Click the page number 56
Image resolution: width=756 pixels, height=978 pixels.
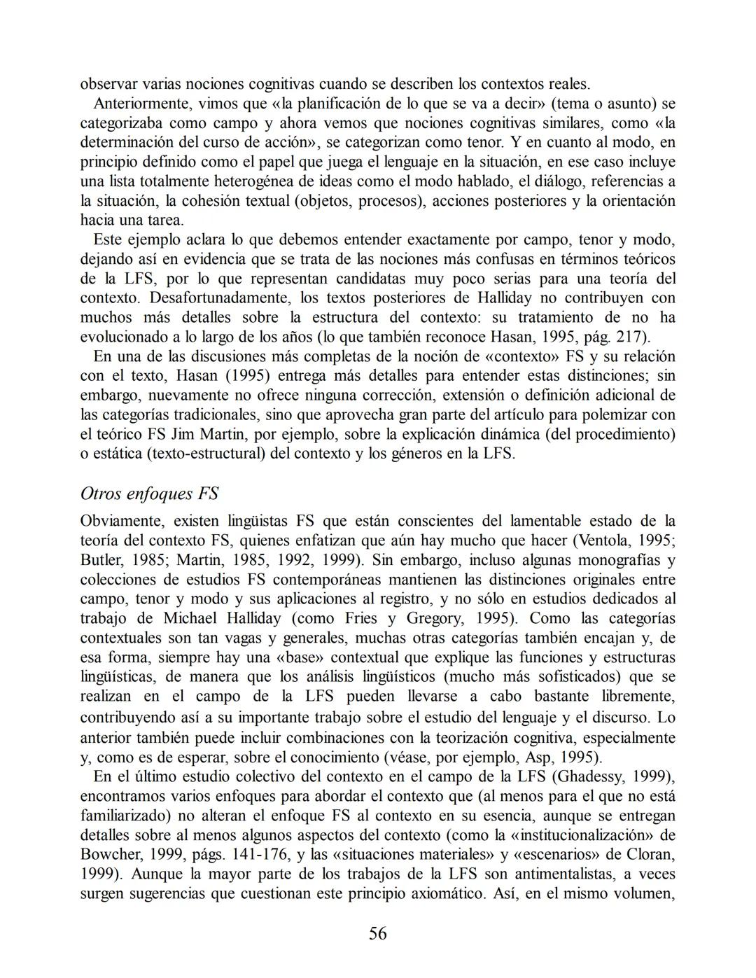(x=377, y=933)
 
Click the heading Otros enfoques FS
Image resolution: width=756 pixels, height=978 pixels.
(x=149, y=494)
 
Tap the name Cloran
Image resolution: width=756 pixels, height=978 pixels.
(x=652, y=855)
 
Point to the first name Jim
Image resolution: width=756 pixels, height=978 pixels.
(x=183, y=434)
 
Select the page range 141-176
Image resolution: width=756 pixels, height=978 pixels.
(x=242, y=855)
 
